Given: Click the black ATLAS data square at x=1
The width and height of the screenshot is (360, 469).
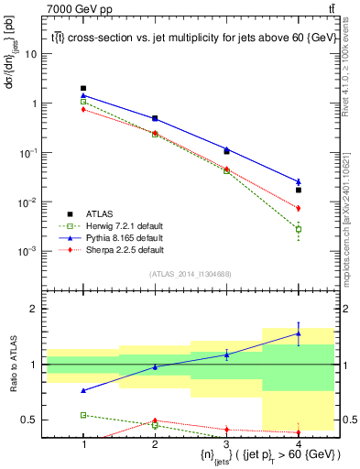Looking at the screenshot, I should [x=83, y=88].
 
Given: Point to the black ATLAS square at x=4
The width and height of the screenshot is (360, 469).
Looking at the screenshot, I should [x=299, y=191].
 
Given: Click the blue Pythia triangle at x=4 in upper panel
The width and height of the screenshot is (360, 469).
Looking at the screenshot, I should [x=299, y=181].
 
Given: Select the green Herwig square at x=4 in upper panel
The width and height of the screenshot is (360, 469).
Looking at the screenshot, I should [x=299, y=229].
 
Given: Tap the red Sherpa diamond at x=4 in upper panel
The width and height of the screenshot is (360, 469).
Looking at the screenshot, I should [x=299, y=208].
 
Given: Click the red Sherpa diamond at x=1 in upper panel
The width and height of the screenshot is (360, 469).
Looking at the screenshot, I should [x=83, y=109].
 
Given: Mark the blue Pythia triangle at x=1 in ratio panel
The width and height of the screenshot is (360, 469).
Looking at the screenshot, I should [x=83, y=390].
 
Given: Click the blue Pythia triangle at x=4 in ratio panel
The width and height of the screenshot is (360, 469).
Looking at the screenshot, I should [x=299, y=333].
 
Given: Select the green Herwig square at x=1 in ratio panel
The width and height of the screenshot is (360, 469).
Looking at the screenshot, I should [x=83, y=415].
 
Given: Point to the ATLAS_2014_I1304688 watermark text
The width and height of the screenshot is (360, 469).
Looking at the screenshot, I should [x=191, y=274].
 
